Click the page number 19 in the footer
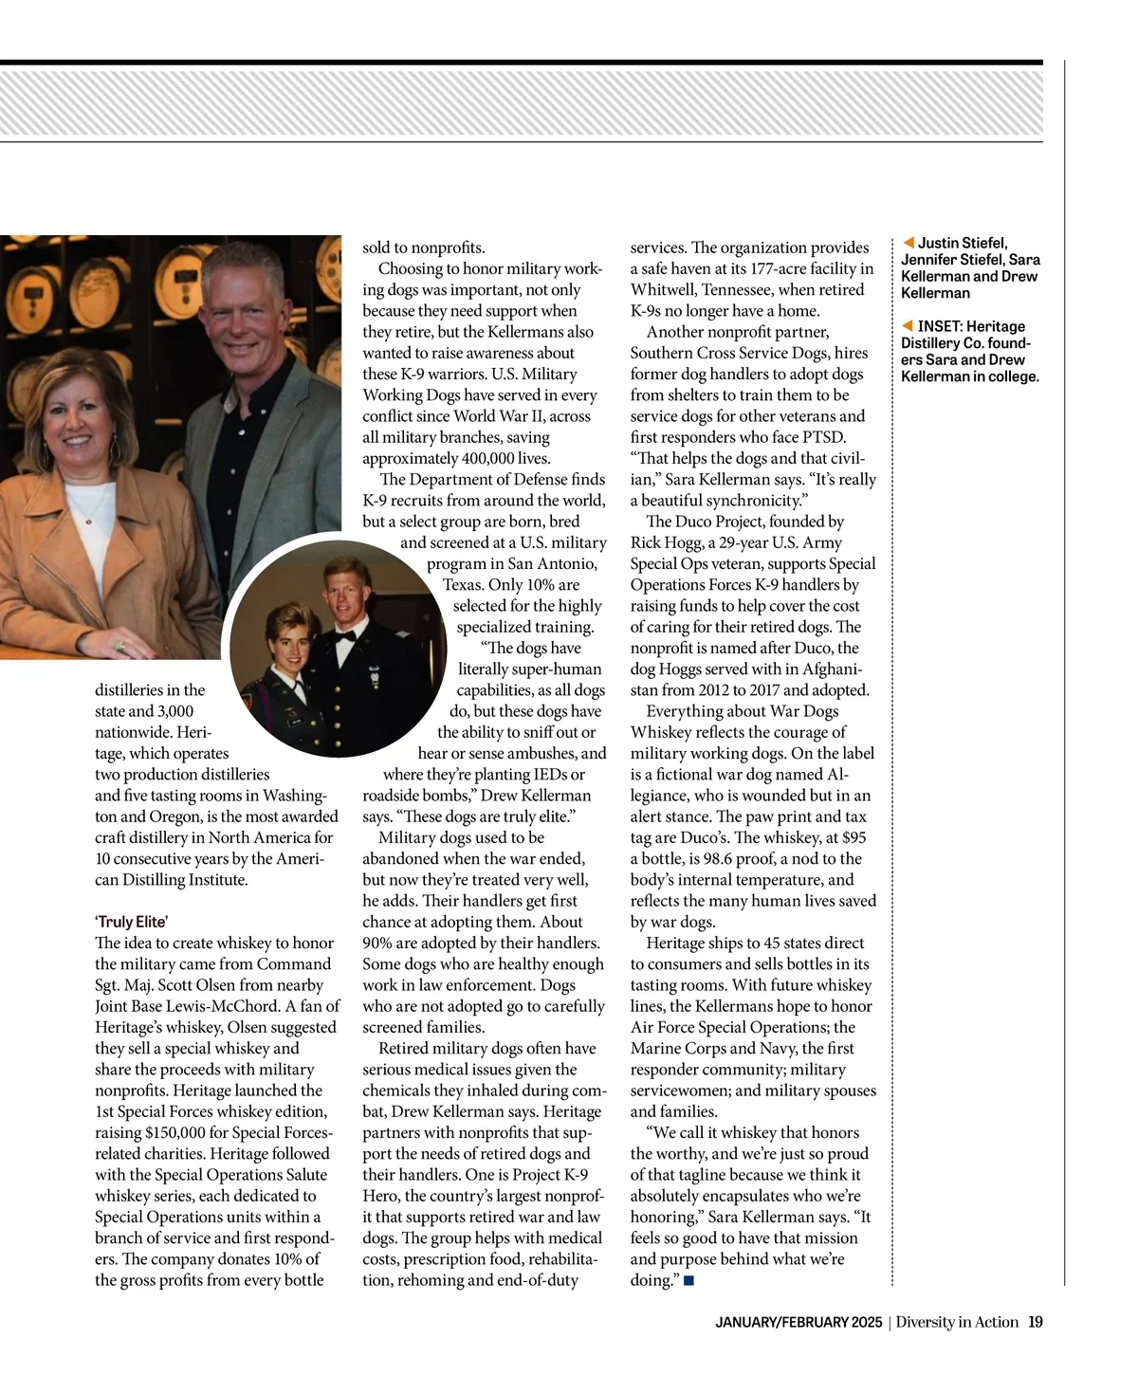coord(1036,1322)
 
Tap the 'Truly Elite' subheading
coord(132,922)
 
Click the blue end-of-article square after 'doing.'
coord(688,1281)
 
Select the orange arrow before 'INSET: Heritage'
coord(908,326)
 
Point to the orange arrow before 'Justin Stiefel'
coord(908,243)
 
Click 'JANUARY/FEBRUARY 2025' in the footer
coord(798,1322)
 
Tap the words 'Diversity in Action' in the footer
coord(957,1322)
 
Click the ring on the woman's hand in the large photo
coord(119,645)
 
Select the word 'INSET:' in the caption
coord(939,326)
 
